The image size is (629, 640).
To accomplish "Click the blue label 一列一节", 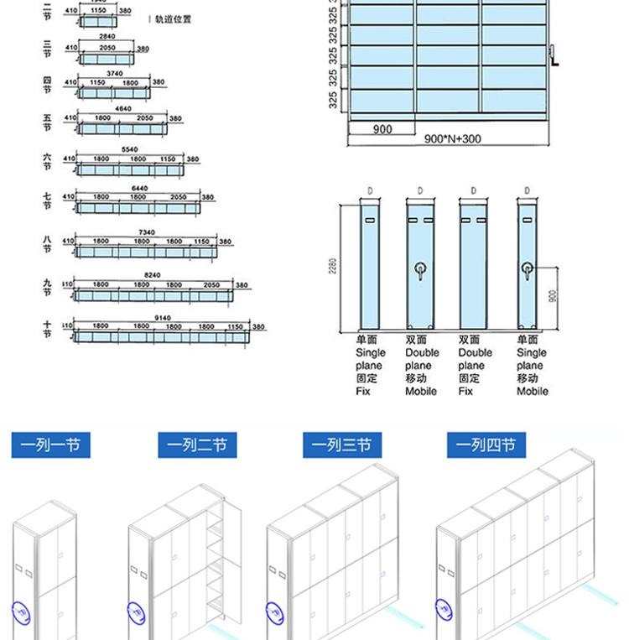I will [x=50, y=445].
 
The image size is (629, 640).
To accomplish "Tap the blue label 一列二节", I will [x=197, y=445].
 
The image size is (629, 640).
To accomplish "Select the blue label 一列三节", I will [x=341, y=445].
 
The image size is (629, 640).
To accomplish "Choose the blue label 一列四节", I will [x=486, y=445].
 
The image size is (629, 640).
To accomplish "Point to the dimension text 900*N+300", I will [x=452, y=139].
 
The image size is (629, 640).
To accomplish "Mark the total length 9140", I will [x=163, y=318].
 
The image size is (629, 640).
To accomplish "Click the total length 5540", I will [x=129, y=148].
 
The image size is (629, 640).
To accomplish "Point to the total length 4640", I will [x=122, y=109].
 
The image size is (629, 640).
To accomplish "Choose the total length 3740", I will [x=114, y=73].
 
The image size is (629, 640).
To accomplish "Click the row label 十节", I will [x=48, y=328].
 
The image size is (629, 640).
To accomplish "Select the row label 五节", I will [x=48, y=122].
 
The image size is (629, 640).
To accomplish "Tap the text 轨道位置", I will [x=172, y=18].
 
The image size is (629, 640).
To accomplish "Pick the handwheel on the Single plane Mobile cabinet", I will [x=528, y=269].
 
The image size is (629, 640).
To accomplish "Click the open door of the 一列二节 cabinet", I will [x=235, y=558].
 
